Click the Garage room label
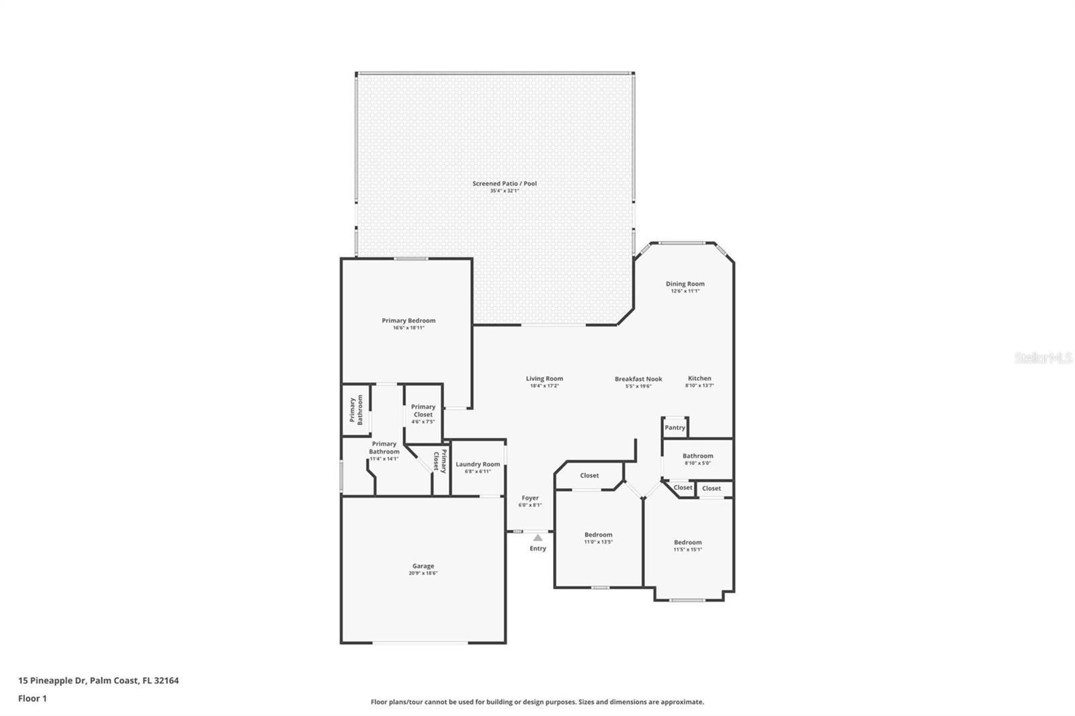(x=423, y=566)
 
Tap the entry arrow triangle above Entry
(x=537, y=537)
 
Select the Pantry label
(x=675, y=428)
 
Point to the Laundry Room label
(x=478, y=464)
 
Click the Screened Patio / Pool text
(x=504, y=183)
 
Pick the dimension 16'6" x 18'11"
(x=408, y=328)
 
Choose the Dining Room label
(x=685, y=284)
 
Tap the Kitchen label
(x=699, y=378)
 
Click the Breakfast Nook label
(x=638, y=379)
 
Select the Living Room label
(x=544, y=379)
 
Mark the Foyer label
(x=529, y=498)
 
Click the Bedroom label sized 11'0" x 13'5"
(x=598, y=535)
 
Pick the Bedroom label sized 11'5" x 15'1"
(x=687, y=542)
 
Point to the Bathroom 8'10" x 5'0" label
(x=697, y=456)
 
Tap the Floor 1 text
(x=32, y=699)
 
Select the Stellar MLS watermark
(x=1043, y=359)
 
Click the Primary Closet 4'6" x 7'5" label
(x=423, y=410)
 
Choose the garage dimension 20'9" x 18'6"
(x=423, y=574)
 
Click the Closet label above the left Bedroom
(x=589, y=476)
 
